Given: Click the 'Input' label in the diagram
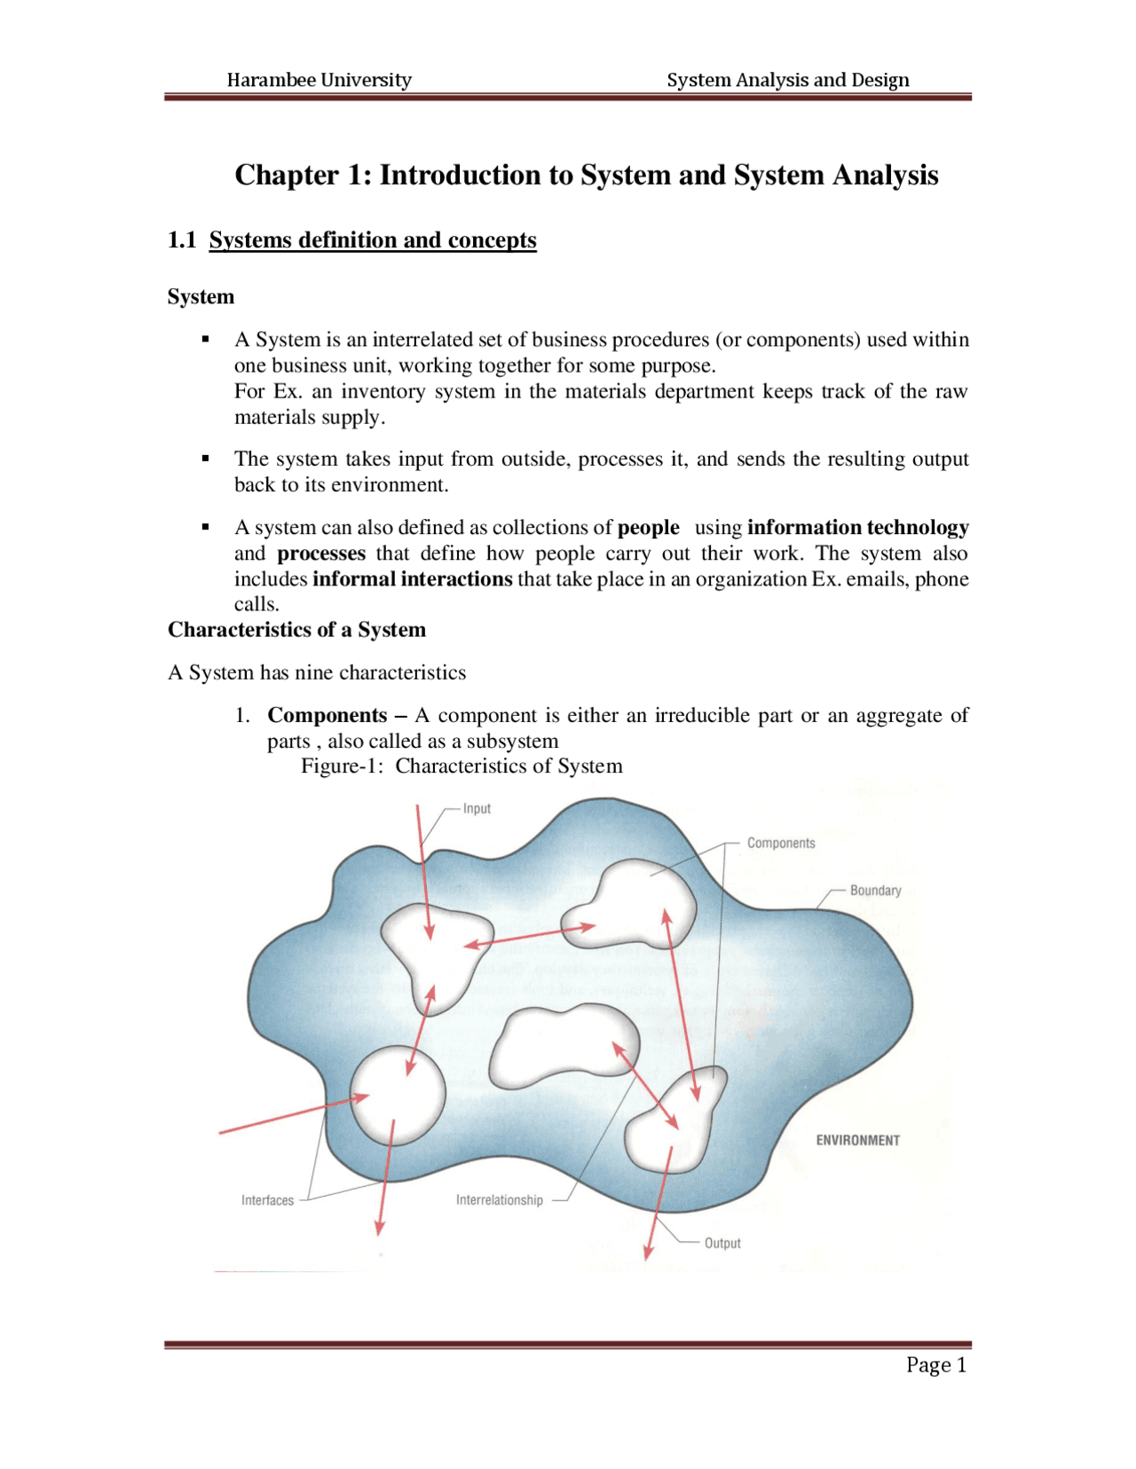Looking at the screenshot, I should click(477, 808).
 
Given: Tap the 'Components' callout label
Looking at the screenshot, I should click(780, 843).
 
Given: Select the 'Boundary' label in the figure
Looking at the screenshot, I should click(875, 890).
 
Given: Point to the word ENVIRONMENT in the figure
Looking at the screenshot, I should click(857, 1140).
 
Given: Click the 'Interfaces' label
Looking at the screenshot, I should click(267, 1200).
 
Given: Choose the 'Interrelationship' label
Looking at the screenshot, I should click(499, 1200).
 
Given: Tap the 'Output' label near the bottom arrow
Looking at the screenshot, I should click(722, 1243).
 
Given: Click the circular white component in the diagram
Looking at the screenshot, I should click(398, 1096).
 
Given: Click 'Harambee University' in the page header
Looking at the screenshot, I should click(319, 80).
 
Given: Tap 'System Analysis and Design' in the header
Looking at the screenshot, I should click(787, 80).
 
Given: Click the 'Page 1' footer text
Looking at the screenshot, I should click(935, 1364).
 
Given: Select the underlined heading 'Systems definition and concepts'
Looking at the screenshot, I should click(373, 240).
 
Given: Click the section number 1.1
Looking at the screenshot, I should click(182, 240).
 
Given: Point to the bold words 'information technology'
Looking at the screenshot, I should click(857, 528).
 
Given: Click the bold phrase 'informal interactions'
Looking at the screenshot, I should click(412, 579).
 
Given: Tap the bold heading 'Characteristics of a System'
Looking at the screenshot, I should click(296, 630).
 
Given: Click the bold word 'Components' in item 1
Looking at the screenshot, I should click(327, 715).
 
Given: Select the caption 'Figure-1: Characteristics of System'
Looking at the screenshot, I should click(461, 766).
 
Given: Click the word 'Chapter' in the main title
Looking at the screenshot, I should click(287, 175).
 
